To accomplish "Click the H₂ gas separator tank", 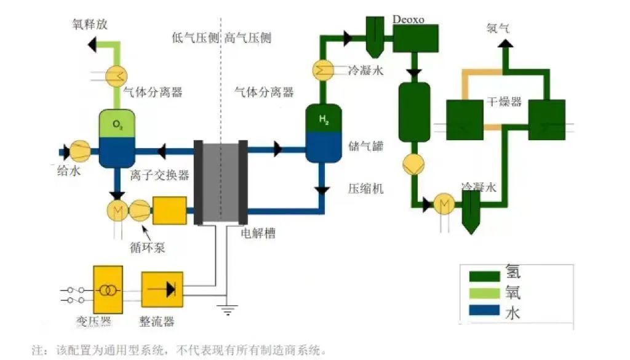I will pos(324,135).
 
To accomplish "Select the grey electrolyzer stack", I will pos(220,182).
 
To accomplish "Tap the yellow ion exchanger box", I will pos(169,210).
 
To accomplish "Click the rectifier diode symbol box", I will pos(162,289).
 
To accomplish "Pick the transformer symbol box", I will pos(108,289).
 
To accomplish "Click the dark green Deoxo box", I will pos(415,38).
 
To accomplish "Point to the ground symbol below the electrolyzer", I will pos(228,310).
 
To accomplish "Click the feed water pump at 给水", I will pos(80,150).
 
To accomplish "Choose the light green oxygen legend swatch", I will pos(484,292).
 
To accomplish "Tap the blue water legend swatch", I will pos(484,311).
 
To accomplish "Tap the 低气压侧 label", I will pos(195,38).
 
